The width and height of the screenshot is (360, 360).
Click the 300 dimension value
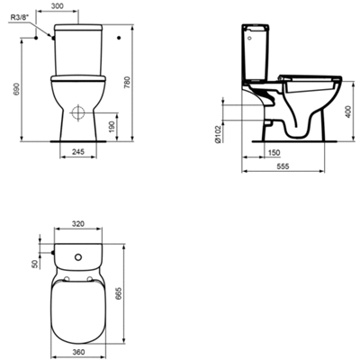(58, 5)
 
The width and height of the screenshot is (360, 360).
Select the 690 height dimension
(17, 89)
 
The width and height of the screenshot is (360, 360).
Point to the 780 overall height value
(127, 83)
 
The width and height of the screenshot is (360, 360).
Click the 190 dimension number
(112, 127)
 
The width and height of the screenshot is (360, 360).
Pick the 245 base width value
(78, 152)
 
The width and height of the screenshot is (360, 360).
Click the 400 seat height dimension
(347, 112)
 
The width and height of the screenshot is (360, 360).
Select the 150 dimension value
(274, 153)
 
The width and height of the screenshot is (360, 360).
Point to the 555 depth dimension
(283, 166)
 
